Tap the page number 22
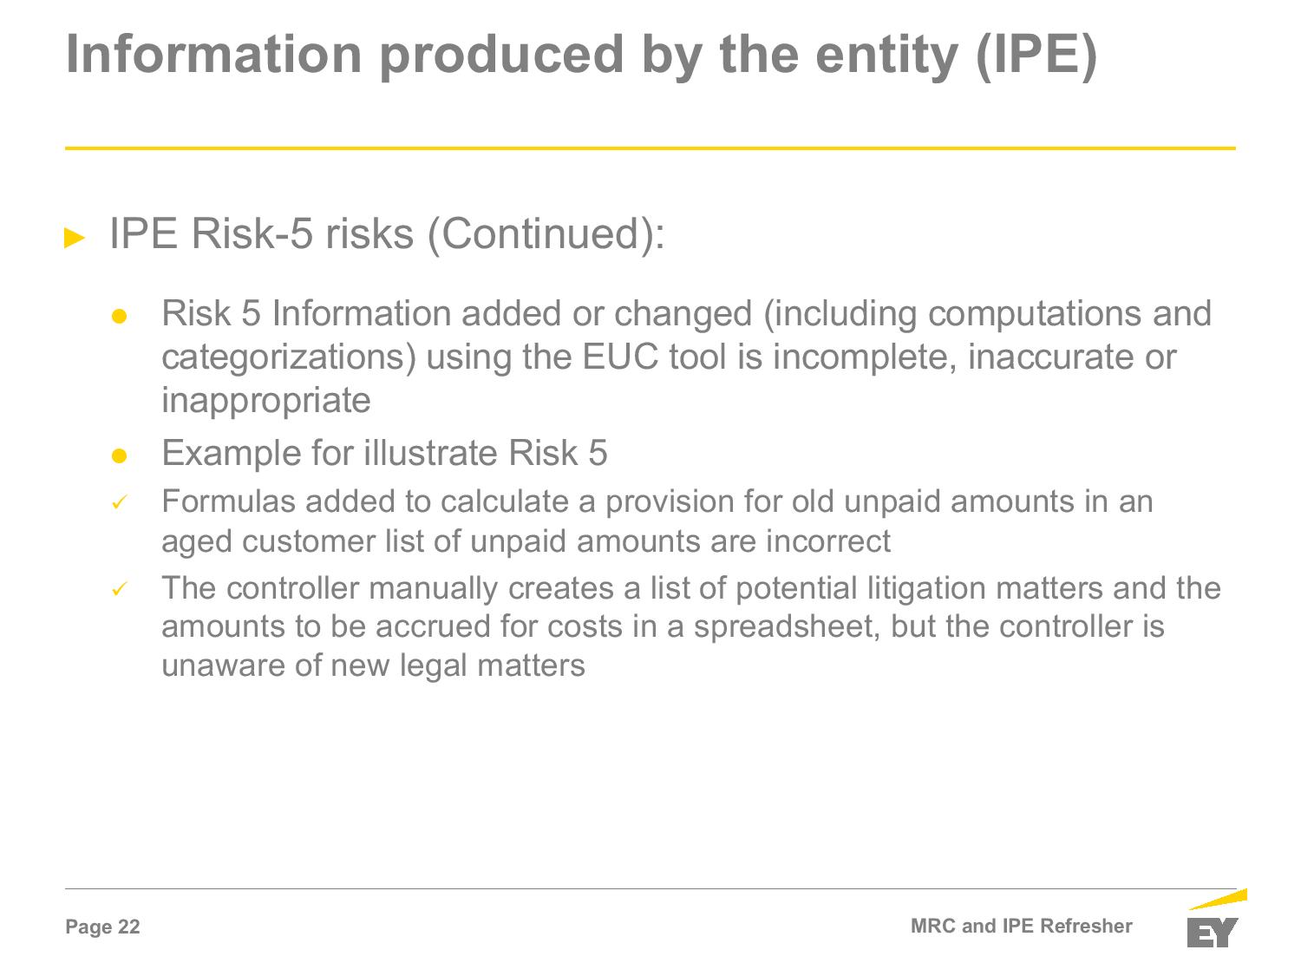128,927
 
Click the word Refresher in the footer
1086,926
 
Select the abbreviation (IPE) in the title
1036,56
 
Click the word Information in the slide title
214,55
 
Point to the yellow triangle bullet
75,238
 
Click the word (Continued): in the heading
546,234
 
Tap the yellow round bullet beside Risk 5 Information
119,316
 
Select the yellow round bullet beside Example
119,455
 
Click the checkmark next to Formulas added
120,502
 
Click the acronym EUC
620,357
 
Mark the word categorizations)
289,358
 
